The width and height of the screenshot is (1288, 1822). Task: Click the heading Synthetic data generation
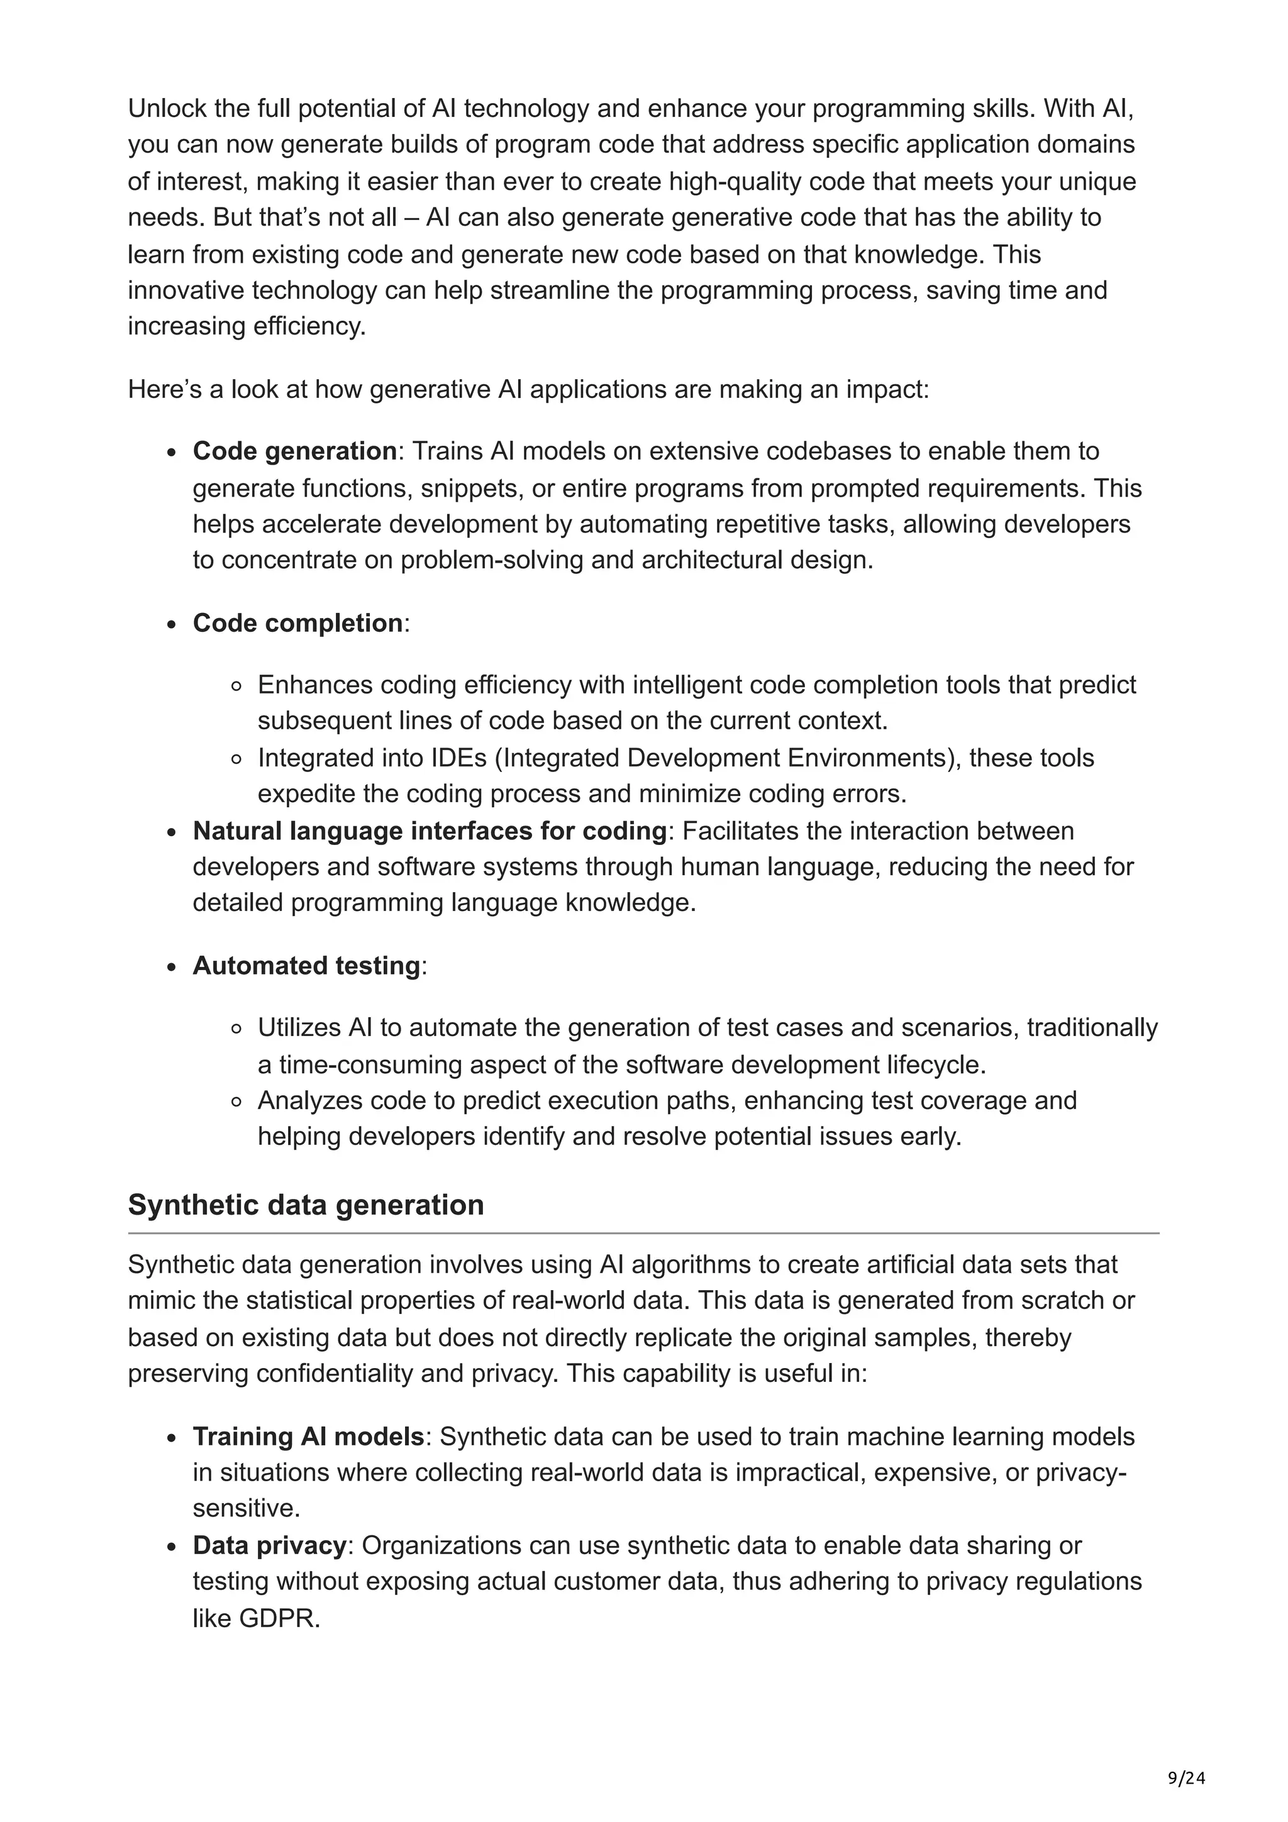(306, 1205)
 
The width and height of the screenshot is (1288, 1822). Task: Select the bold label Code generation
(294, 451)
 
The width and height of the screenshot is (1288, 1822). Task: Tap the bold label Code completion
(297, 623)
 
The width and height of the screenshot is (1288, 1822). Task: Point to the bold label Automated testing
(306, 966)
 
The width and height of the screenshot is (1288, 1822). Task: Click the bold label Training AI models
(308, 1437)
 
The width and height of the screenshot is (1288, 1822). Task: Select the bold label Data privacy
(270, 1545)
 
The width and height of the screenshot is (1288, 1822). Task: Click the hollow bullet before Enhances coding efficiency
(236, 686)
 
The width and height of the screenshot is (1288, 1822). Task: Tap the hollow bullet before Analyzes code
(236, 1101)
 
